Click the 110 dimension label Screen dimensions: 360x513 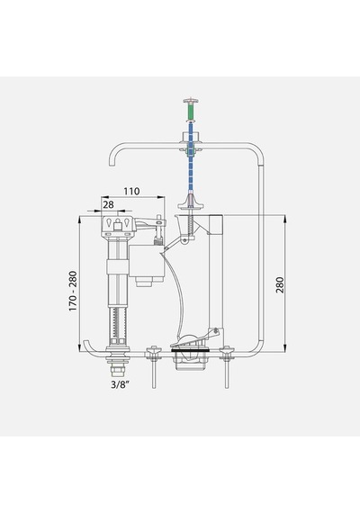(131, 191)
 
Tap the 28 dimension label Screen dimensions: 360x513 (108, 204)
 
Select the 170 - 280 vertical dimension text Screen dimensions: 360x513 (73, 291)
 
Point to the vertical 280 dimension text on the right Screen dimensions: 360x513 (280, 284)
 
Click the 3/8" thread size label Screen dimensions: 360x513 (119, 384)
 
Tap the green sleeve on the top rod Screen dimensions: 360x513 (191, 112)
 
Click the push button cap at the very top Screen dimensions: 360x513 (191, 100)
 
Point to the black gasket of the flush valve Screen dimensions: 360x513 (190, 350)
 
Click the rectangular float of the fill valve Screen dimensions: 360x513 (147, 261)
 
